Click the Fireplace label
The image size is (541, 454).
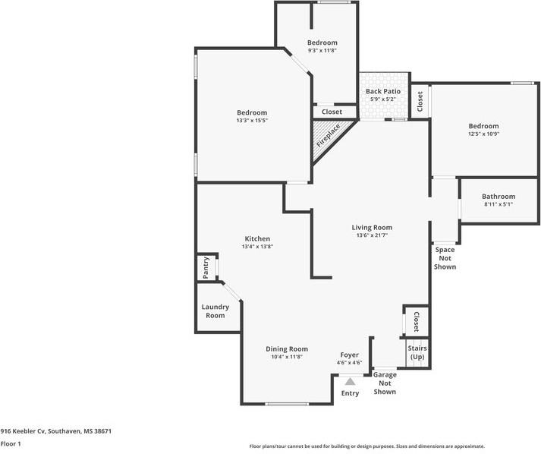click(x=329, y=136)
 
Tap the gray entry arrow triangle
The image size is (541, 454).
click(x=351, y=382)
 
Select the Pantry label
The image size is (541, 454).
click(x=206, y=267)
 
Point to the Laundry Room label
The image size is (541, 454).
click(x=215, y=311)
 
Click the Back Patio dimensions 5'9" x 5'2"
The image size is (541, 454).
click(x=383, y=99)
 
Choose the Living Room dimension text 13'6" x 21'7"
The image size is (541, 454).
click(x=372, y=235)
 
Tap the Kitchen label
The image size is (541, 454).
click(x=257, y=238)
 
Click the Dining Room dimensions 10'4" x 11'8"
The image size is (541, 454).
click(x=287, y=357)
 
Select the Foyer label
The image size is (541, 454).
click(x=350, y=355)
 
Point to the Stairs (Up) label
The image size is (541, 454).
click(x=417, y=352)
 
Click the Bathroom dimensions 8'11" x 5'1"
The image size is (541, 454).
click(x=499, y=204)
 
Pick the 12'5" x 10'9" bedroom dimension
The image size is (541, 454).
click(x=484, y=134)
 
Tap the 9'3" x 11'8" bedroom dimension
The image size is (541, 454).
click(x=322, y=50)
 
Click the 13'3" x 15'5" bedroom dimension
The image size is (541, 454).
click(x=252, y=121)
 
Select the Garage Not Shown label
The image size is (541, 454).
click(x=385, y=383)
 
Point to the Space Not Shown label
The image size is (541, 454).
click(x=445, y=258)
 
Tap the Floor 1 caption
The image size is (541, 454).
click(x=11, y=443)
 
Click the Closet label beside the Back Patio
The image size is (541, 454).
click(x=420, y=102)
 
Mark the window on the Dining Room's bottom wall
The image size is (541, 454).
click(x=286, y=404)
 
